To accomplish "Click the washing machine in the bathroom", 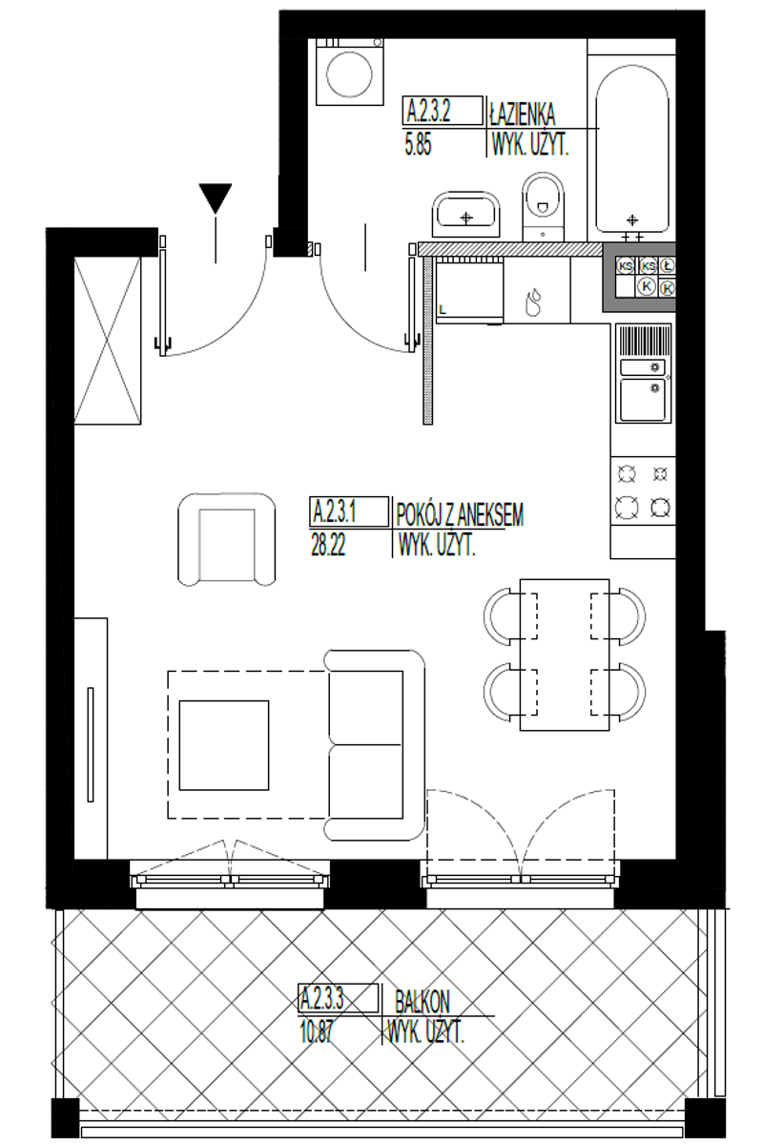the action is pyautogui.click(x=350, y=72).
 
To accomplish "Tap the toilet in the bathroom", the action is pyautogui.click(x=543, y=207).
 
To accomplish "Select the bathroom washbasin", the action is pyautogui.click(x=465, y=215).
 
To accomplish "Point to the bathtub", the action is pyautogui.click(x=632, y=148).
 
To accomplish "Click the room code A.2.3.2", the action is pyautogui.click(x=428, y=112).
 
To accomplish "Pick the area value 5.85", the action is pyautogui.click(x=418, y=145).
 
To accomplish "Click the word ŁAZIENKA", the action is pyautogui.click(x=522, y=114).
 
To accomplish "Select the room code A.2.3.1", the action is pyautogui.click(x=334, y=511).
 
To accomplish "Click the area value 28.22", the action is pyautogui.click(x=328, y=546).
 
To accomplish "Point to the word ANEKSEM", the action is pyautogui.click(x=490, y=514).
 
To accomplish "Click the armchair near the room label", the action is pyautogui.click(x=226, y=539).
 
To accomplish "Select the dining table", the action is pyautogui.click(x=565, y=655).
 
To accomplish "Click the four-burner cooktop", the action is pyautogui.click(x=643, y=491).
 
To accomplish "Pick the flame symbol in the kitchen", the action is pyautogui.click(x=533, y=302).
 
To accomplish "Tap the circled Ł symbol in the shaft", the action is pyautogui.click(x=666, y=265).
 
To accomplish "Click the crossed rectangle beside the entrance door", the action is pyautogui.click(x=108, y=341).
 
